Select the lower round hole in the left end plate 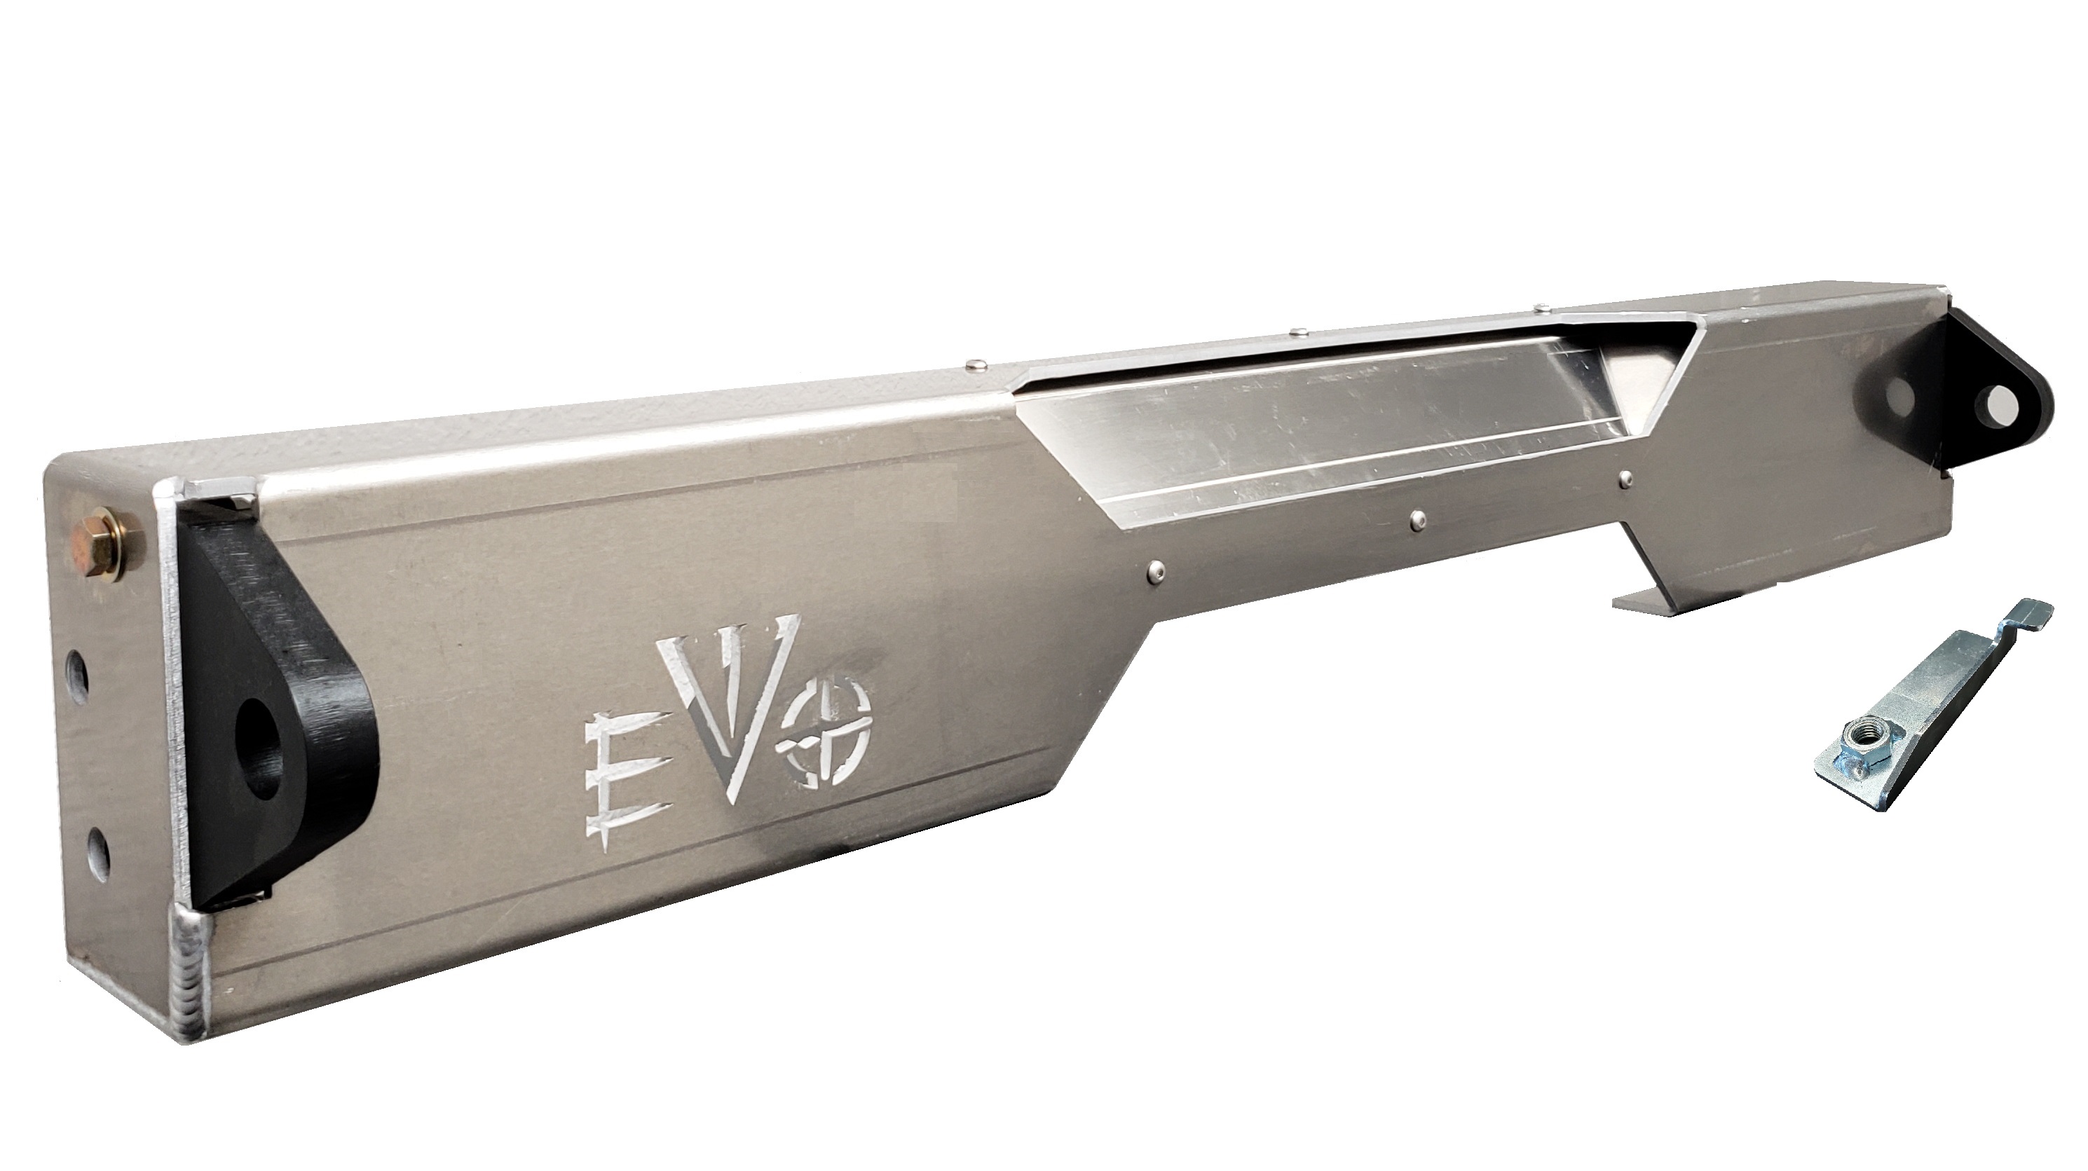click(97, 851)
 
